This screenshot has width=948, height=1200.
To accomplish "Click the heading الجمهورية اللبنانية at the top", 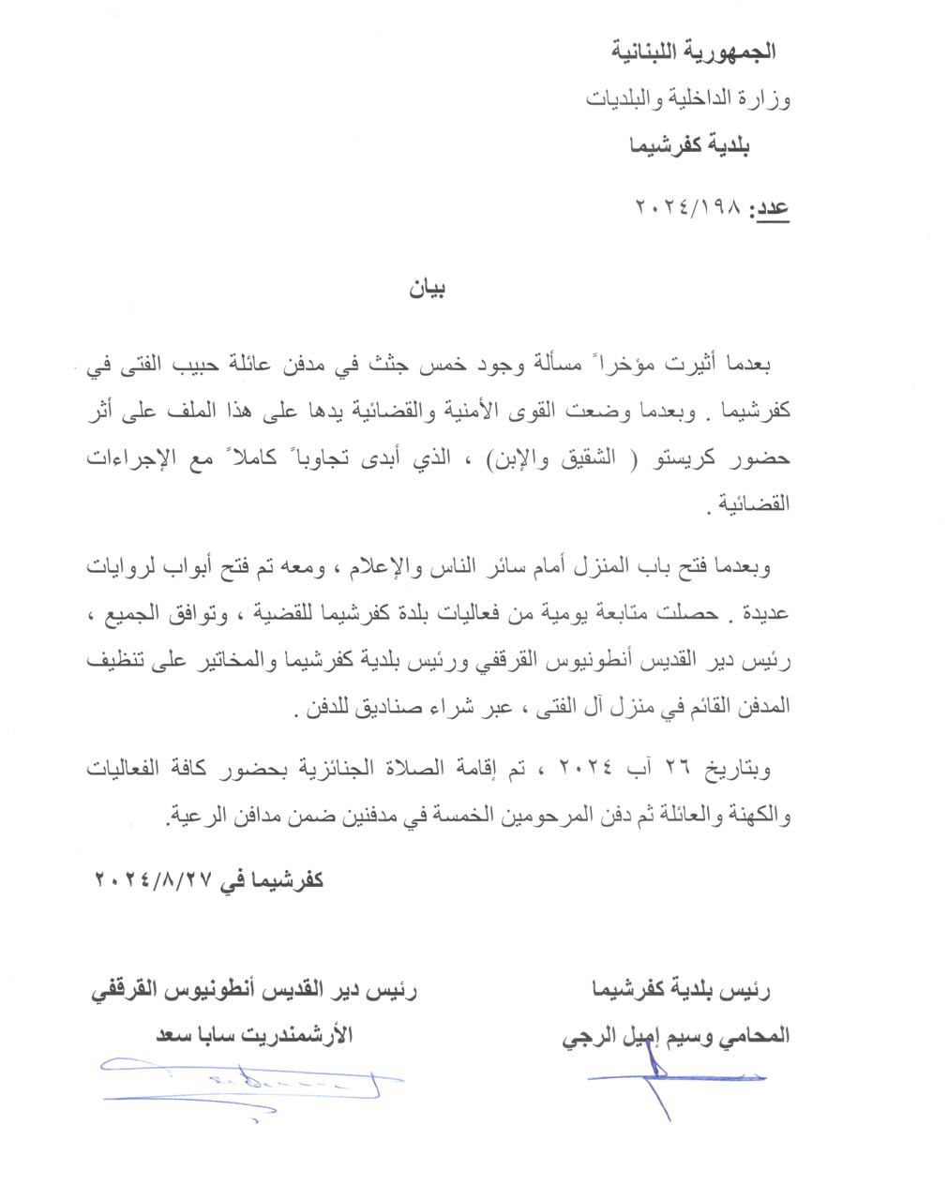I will (x=694, y=51).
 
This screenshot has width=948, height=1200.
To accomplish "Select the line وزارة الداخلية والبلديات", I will (x=688, y=98).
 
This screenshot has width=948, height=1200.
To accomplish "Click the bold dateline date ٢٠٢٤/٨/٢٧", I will (x=155, y=880).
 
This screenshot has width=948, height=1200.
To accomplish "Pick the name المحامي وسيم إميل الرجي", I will (x=674, y=1036).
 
